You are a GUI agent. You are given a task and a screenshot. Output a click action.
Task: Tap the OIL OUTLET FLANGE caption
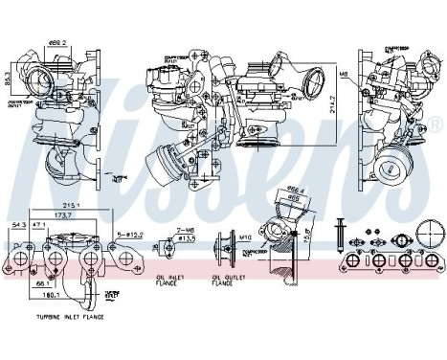(226, 280)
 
